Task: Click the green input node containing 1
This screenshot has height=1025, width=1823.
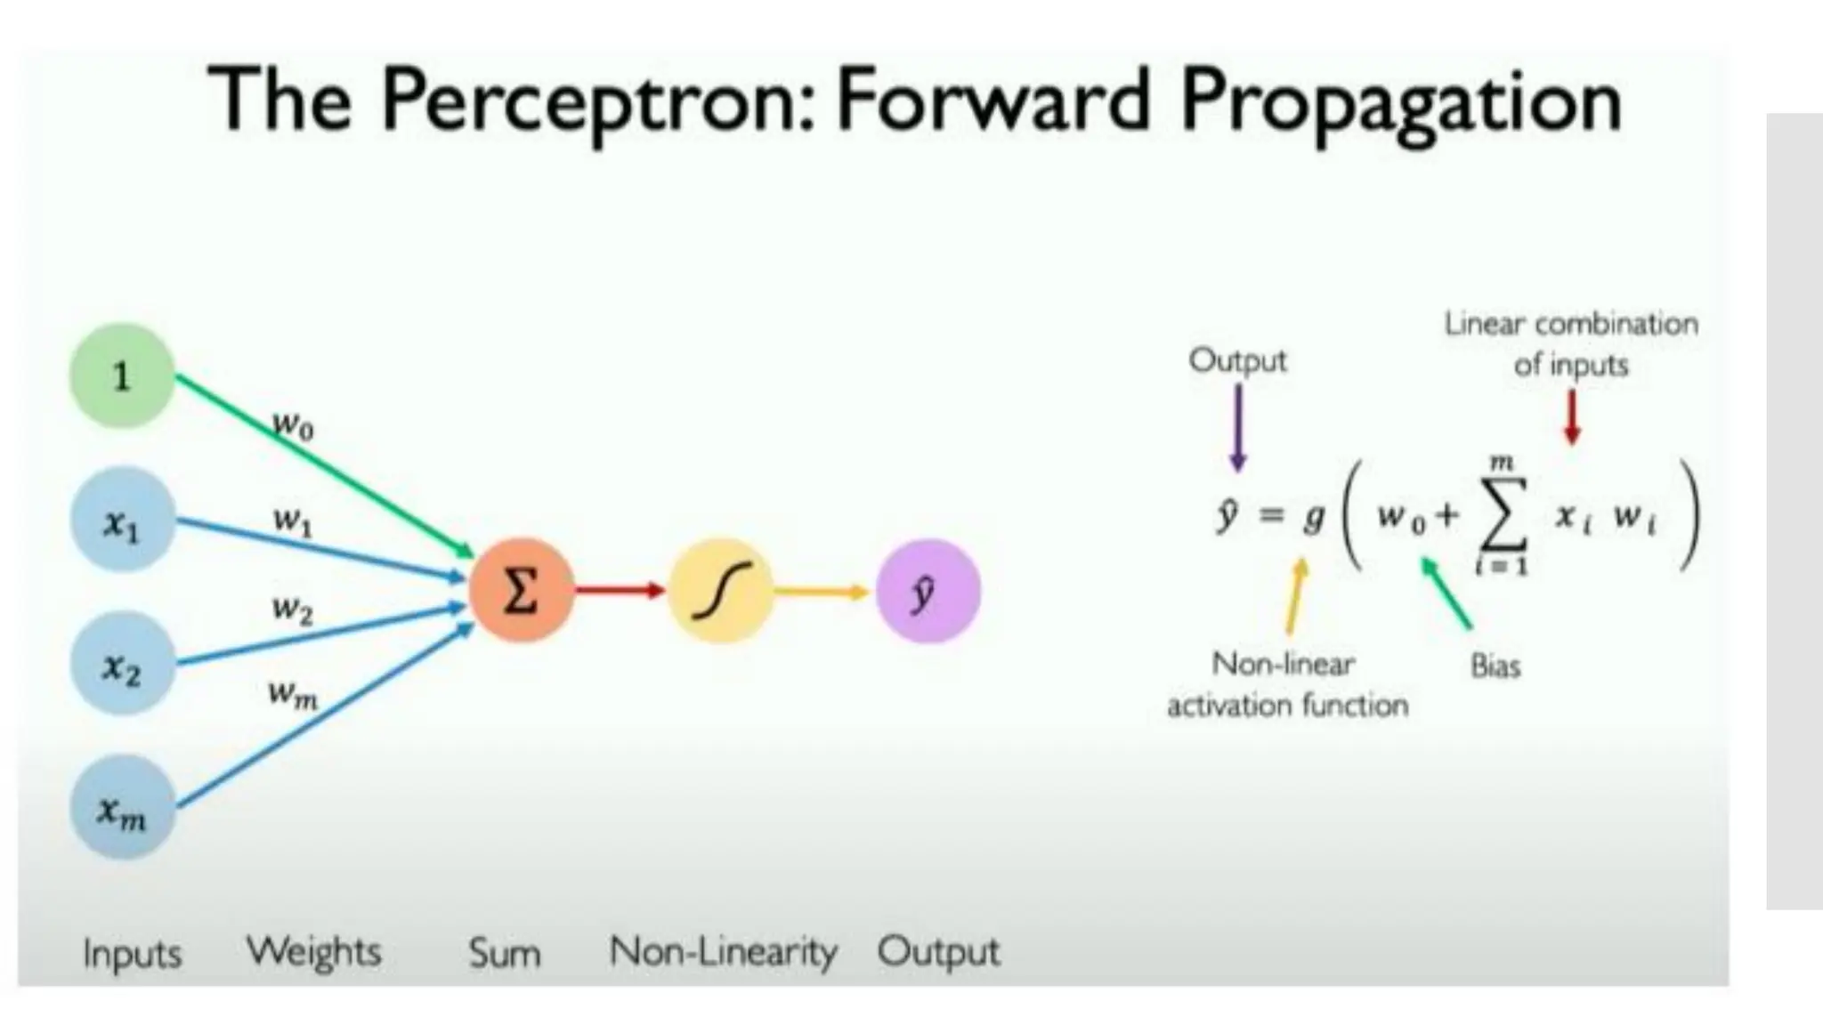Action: (122, 375)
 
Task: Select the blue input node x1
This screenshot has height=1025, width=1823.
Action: (122, 521)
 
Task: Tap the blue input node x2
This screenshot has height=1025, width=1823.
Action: (122, 665)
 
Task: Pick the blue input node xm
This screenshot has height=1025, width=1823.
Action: (122, 808)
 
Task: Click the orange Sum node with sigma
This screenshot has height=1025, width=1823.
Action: (521, 590)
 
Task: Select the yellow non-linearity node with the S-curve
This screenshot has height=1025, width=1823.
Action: (721, 590)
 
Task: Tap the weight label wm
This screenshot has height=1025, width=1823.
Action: (293, 694)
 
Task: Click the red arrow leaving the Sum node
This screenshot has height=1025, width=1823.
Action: (620, 589)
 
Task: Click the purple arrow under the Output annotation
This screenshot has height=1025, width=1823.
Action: (1237, 427)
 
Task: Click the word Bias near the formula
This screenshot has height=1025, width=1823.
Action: (1495, 666)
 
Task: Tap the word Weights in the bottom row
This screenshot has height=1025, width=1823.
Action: (313, 952)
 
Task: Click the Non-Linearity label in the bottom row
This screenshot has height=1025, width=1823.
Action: (723, 952)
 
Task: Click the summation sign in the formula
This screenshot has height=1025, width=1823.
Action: (1502, 516)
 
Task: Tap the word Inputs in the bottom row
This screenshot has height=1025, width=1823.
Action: (132, 954)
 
